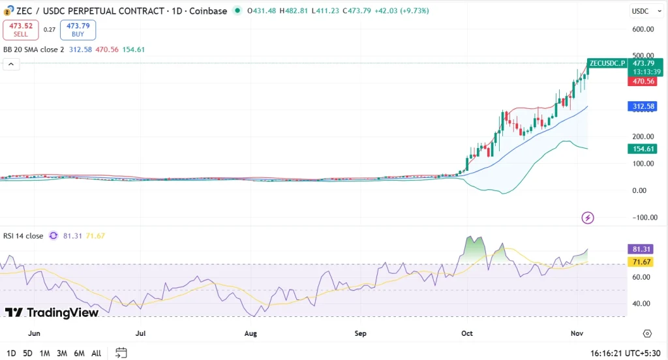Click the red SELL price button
point(20,29)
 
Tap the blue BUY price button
point(78,29)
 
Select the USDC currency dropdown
point(643,11)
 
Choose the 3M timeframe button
point(62,353)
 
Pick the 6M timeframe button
point(79,353)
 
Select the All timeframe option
point(96,353)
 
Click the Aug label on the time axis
point(250,333)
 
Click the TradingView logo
point(52,313)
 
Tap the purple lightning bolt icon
point(588,218)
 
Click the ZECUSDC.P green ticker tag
point(606,63)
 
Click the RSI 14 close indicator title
point(22,236)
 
